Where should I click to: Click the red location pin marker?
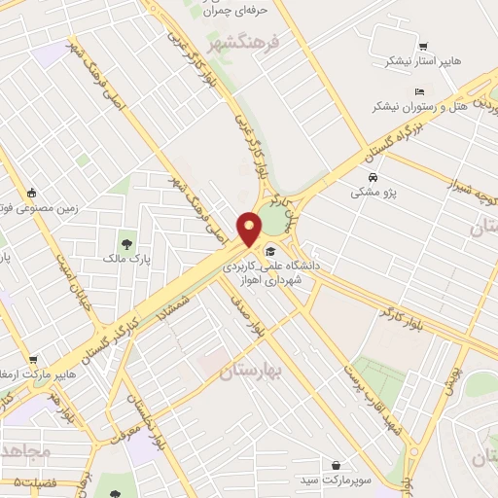[251, 230]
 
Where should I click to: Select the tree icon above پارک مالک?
[126, 243]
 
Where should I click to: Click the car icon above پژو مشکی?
[373, 178]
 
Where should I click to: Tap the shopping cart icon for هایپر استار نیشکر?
[422, 46]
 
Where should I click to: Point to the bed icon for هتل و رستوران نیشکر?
[391, 92]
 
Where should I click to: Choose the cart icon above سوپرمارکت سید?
[336, 466]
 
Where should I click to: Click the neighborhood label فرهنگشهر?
[243, 44]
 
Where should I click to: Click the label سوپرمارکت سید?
[336, 480]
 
